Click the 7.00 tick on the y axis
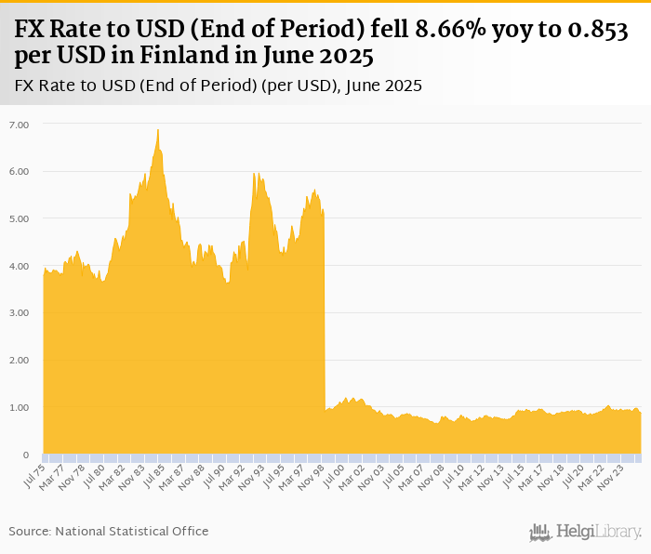click(20, 124)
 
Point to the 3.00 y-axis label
click(20, 312)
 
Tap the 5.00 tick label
click(20, 218)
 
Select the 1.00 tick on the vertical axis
click(20, 407)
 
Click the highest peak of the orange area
click(158, 131)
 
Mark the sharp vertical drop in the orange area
click(325, 307)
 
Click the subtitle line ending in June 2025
click(219, 86)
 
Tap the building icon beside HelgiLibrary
click(540, 532)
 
